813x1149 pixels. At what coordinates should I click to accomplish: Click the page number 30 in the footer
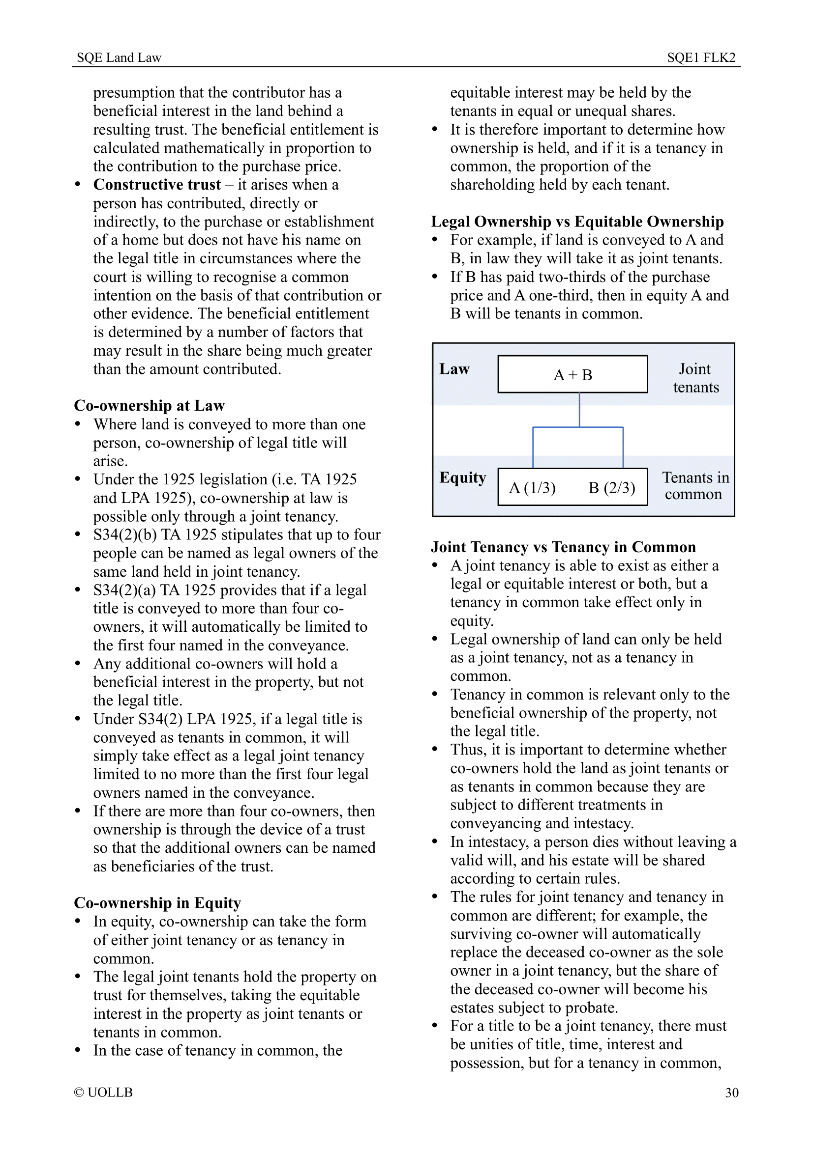(731, 1093)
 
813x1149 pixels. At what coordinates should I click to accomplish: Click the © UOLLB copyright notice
(103, 1092)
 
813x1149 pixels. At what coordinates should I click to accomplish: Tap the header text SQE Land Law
(119, 57)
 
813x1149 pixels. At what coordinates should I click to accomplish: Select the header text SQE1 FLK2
(701, 57)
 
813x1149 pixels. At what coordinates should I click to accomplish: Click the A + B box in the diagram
(572, 374)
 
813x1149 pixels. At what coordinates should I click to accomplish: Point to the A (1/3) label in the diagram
(532, 487)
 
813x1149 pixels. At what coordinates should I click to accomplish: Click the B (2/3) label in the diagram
(611, 487)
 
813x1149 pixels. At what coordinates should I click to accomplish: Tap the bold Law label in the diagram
(454, 369)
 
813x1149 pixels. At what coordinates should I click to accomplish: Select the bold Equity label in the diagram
(462, 478)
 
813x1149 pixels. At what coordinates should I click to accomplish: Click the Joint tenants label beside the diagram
(695, 378)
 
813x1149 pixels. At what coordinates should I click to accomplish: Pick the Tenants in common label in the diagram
(695, 486)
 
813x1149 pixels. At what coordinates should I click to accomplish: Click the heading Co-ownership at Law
(150, 405)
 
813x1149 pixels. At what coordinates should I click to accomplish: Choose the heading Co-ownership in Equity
(157, 903)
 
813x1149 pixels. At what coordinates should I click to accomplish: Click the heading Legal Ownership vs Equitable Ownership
(577, 221)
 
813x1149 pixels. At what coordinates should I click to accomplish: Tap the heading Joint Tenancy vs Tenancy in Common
(563, 547)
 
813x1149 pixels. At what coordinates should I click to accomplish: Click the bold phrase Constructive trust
(157, 185)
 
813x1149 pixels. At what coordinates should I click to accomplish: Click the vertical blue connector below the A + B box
(579, 409)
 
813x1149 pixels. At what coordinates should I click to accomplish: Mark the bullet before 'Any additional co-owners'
(78, 664)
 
